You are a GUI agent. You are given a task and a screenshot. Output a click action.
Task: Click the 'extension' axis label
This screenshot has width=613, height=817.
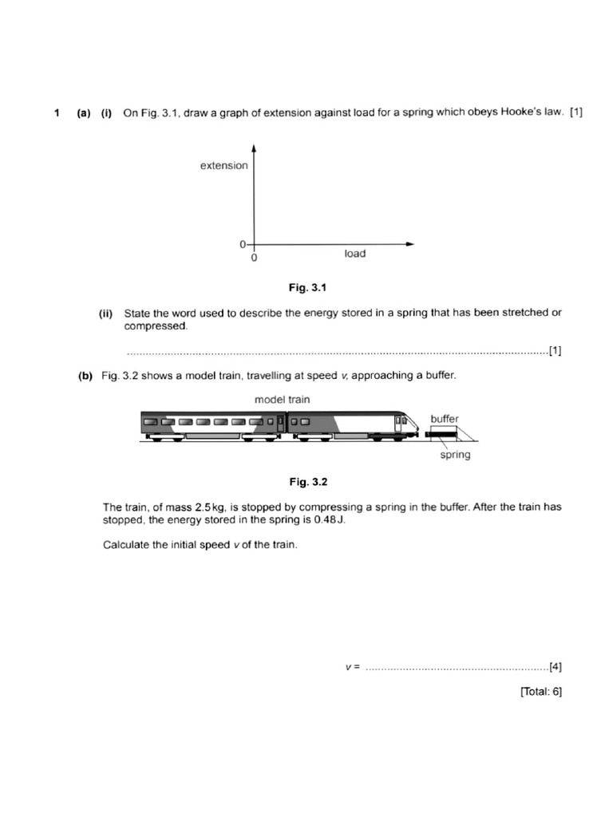point(223,166)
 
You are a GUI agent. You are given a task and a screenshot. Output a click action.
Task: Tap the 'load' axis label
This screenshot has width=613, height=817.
point(355,254)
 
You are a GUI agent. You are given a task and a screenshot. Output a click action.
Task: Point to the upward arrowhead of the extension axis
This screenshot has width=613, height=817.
point(253,148)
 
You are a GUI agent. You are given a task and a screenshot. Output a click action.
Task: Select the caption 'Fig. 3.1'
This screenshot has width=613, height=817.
point(308,286)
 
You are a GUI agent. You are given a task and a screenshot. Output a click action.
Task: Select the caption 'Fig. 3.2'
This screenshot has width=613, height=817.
point(308,482)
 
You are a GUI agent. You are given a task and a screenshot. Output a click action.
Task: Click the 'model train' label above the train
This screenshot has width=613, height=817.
point(283,399)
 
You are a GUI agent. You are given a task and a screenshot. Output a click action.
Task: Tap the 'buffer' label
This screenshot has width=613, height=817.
point(445,419)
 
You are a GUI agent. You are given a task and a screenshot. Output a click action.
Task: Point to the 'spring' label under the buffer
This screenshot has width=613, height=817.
point(455,455)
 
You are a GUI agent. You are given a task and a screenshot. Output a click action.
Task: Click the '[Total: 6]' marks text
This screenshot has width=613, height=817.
point(540,692)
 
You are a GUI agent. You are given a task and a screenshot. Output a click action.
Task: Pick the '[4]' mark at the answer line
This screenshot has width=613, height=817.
point(556,666)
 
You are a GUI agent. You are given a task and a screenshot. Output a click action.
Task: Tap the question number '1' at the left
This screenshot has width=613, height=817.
point(57,113)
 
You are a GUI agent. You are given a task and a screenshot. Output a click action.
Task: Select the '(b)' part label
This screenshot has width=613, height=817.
point(85,376)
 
